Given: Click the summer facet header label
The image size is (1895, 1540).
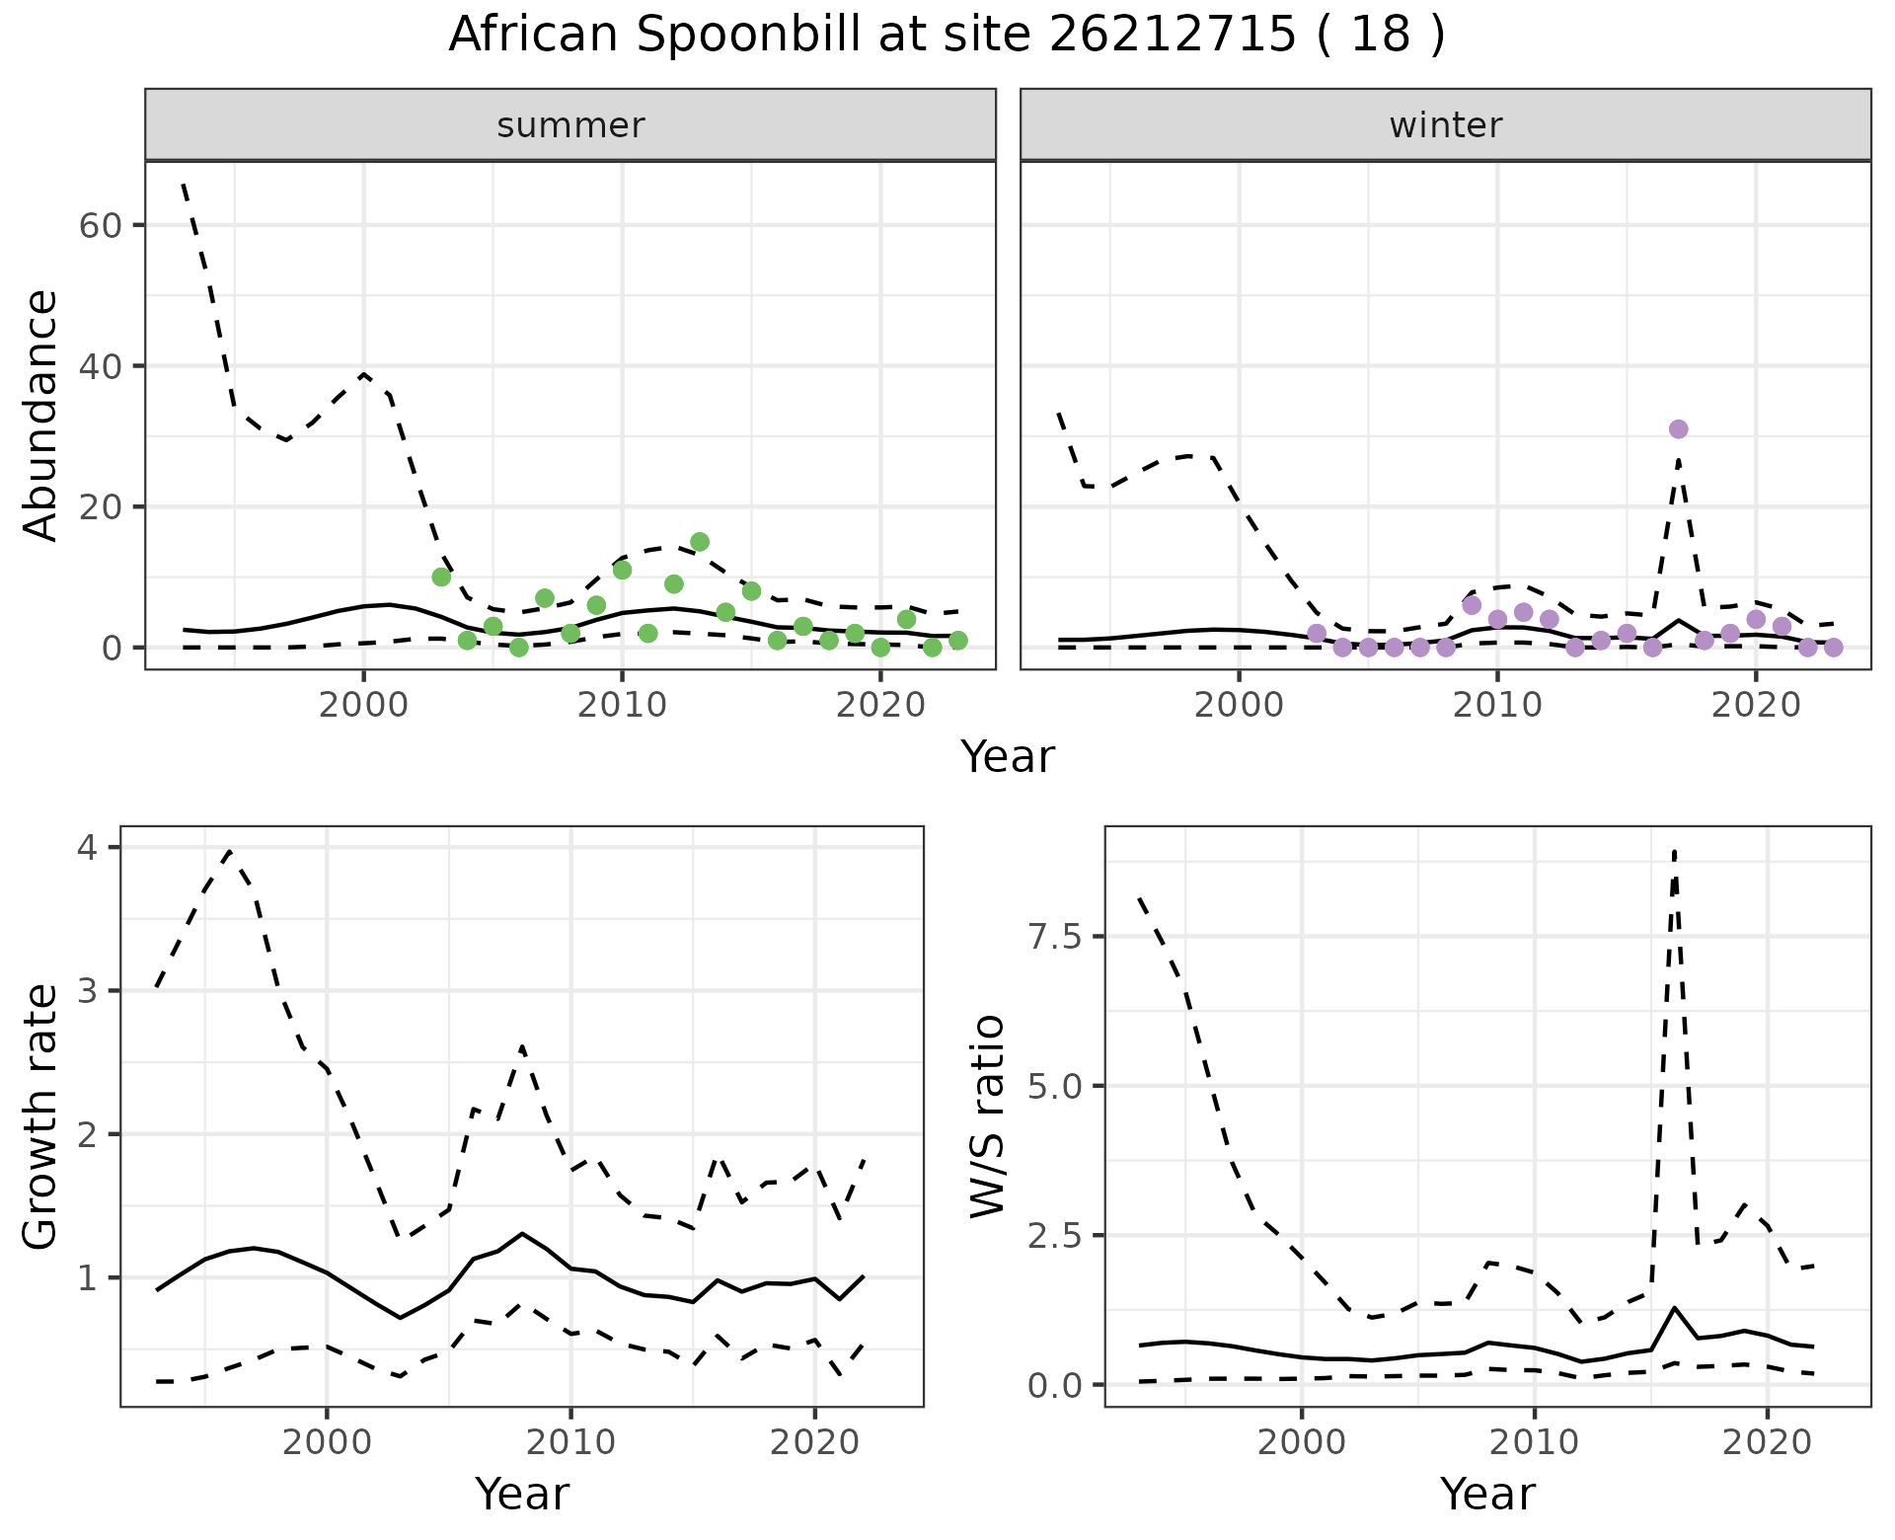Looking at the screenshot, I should click(x=570, y=125).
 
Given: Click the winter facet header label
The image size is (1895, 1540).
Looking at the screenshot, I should click(x=1445, y=125).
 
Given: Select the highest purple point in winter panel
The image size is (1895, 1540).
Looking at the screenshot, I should click(x=1678, y=429).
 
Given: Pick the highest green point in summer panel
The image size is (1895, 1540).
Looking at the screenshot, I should click(x=700, y=542).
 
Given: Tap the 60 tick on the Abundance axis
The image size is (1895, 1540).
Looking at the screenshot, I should click(x=99, y=225).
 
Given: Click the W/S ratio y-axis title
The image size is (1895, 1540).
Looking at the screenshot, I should click(x=987, y=1116).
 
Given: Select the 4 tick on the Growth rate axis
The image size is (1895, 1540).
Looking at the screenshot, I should click(x=95, y=848).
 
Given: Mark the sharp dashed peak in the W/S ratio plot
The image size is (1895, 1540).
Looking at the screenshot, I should click(x=1675, y=851).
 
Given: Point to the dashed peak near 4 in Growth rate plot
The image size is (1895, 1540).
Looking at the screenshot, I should click(x=230, y=851).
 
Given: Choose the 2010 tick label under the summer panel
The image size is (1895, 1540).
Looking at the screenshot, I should click(x=622, y=705).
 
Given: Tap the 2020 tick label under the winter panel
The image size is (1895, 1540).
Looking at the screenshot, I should click(x=1756, y=705).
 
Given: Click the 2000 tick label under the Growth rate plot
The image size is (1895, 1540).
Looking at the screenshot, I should click(x=327, y=1441).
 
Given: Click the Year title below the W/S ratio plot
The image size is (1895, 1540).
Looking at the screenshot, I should click(x=1487, y=1494).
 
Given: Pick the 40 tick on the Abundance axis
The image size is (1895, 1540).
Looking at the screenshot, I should click(x=99, y=366).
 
